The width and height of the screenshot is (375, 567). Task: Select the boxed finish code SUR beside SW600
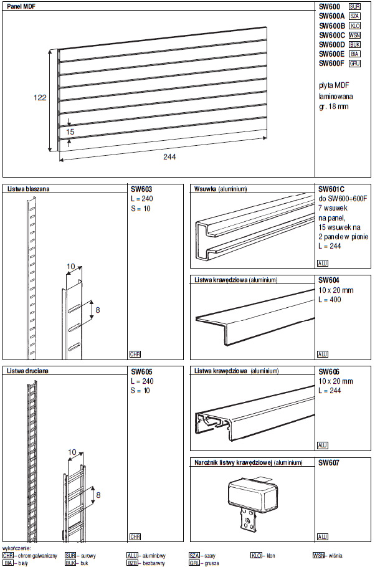coord(355,6)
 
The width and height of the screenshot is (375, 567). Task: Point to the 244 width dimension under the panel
coord(169,157)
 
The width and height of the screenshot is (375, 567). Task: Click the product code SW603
coord(141,188)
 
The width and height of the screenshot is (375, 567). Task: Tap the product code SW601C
coord(331,188)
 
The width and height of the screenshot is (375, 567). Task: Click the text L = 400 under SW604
coord(331,300)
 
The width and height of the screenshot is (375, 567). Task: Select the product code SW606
coord(328,371)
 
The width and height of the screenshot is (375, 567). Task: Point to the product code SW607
coord(328,463)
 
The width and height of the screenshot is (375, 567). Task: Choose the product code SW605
coord(141,371)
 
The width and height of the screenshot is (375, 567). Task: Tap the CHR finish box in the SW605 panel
coord(135,536)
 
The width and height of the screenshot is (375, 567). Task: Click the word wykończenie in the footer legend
coord(17,548)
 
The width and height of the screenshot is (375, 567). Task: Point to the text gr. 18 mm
coord(333,106)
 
